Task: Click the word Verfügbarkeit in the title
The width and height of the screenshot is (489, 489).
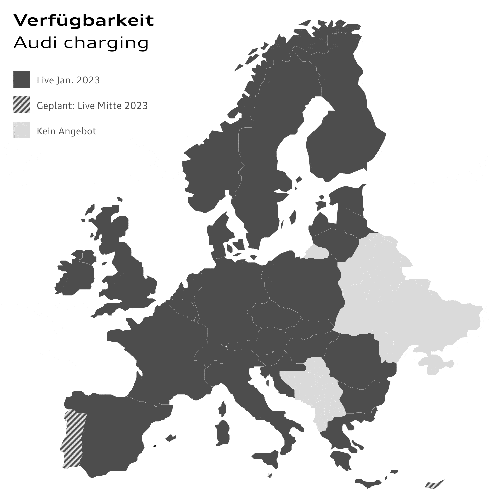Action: (x=83, y=21)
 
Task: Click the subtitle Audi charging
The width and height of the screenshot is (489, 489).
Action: (x=81, y=43)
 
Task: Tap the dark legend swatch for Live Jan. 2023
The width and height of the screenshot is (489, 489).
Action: (x=22, y=79)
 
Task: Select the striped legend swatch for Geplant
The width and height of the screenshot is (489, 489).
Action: (x=22, y=105)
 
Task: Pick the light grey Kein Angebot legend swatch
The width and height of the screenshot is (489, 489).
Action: (x=22, y=130)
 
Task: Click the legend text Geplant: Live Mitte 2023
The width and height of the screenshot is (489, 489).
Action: (x=92, y=106)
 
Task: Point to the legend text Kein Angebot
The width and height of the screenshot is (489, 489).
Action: (x=66, y=131)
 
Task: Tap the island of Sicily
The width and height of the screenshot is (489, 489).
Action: (x=266, y=459)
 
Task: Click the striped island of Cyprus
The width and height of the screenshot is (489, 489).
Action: (x=434, y=484)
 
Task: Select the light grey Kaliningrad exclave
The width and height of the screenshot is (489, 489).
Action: (x=317, y=252)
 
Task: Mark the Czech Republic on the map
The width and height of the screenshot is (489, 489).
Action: (x=273, y=315)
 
